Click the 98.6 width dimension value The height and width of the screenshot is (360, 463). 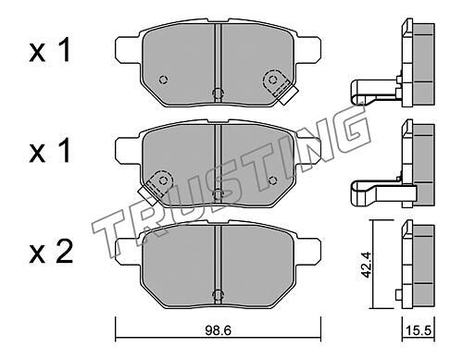tap(218, 331)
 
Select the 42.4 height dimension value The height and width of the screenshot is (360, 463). tap(367, 265)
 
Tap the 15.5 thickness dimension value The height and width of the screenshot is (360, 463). tap(418, 331)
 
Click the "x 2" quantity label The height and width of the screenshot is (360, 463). tap(51, 252)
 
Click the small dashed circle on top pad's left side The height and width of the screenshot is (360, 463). tap(163, 80)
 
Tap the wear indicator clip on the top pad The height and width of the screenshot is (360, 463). tap(280, 87)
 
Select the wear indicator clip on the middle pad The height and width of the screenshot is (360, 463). tap(156, 187)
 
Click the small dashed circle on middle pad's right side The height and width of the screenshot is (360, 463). tap(272, 180)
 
